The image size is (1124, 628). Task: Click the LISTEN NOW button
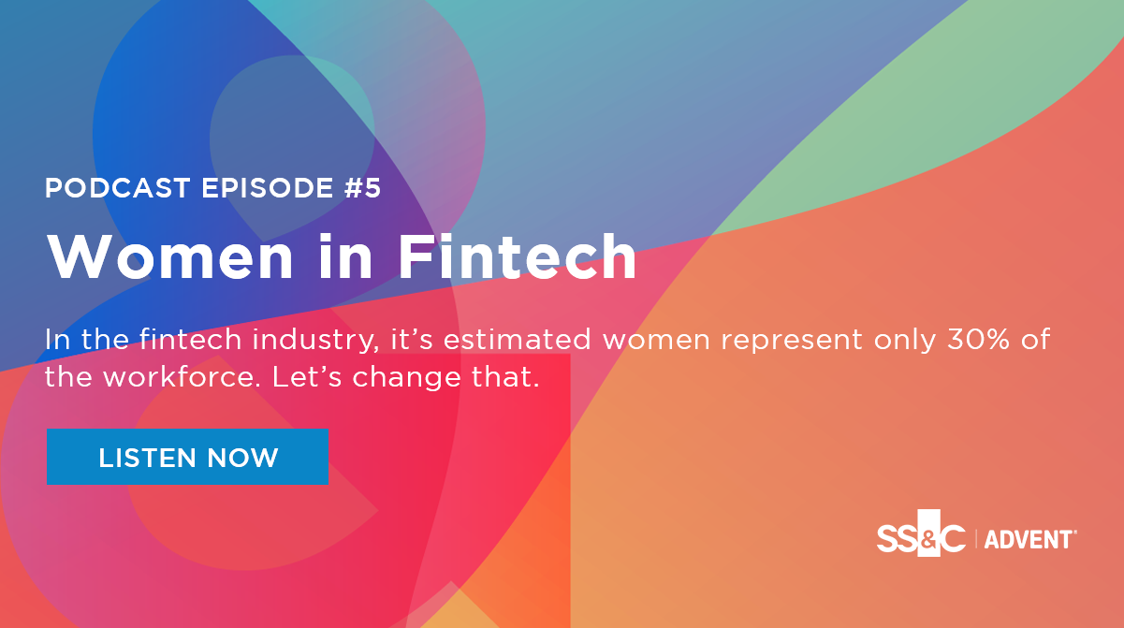tap(188, 457)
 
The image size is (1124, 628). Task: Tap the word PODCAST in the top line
tap(117, 188)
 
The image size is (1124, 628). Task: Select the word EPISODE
tap(268, 188)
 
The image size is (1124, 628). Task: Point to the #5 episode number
tap(363, 188)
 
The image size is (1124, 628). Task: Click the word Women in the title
tap(170, 256)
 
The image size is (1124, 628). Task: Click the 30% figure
tap(978, 340)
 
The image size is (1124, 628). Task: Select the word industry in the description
tap(315, 341)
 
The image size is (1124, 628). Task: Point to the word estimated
tap(518, 340)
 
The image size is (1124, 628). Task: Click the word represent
tap(792, 342)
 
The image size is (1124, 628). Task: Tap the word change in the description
tap(406, 379)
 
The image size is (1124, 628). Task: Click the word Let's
tap(307, 377)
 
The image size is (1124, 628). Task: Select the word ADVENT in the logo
tap(1029, 540)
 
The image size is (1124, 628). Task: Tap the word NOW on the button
tap(242, 458)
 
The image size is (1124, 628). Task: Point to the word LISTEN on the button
tap(147, 458)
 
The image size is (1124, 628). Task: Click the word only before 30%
tap(905, 342)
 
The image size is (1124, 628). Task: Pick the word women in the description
tap(656, 341)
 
